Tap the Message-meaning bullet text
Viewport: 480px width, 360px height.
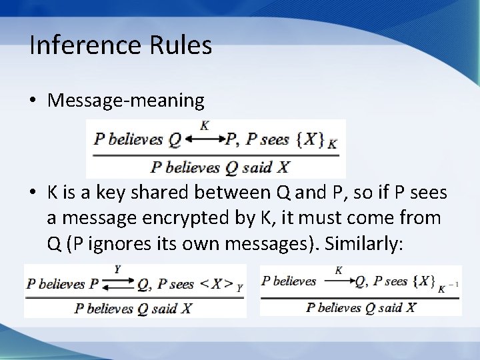pyautogui.click(x=126, y=100)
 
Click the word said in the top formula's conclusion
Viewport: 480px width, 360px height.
pyautogui.click(x=257, y=167)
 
